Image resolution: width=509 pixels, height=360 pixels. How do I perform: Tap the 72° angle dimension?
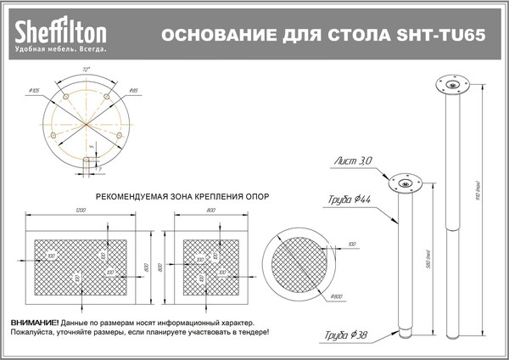point(86,69)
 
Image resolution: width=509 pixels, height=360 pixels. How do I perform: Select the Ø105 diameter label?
point(35,89)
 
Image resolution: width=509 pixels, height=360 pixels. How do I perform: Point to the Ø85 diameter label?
point(134,89)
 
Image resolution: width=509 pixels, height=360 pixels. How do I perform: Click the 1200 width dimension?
point(81,210)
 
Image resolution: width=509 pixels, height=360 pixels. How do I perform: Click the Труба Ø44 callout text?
point(349,200)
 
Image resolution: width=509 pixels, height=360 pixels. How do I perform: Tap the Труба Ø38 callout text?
point(349,334)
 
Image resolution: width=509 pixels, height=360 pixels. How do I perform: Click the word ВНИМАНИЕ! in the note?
point(35,324)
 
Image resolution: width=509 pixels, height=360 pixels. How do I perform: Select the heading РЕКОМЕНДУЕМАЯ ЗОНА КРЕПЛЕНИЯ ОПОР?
point(182,195)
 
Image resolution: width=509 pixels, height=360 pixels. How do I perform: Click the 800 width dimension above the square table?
point(210,210)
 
